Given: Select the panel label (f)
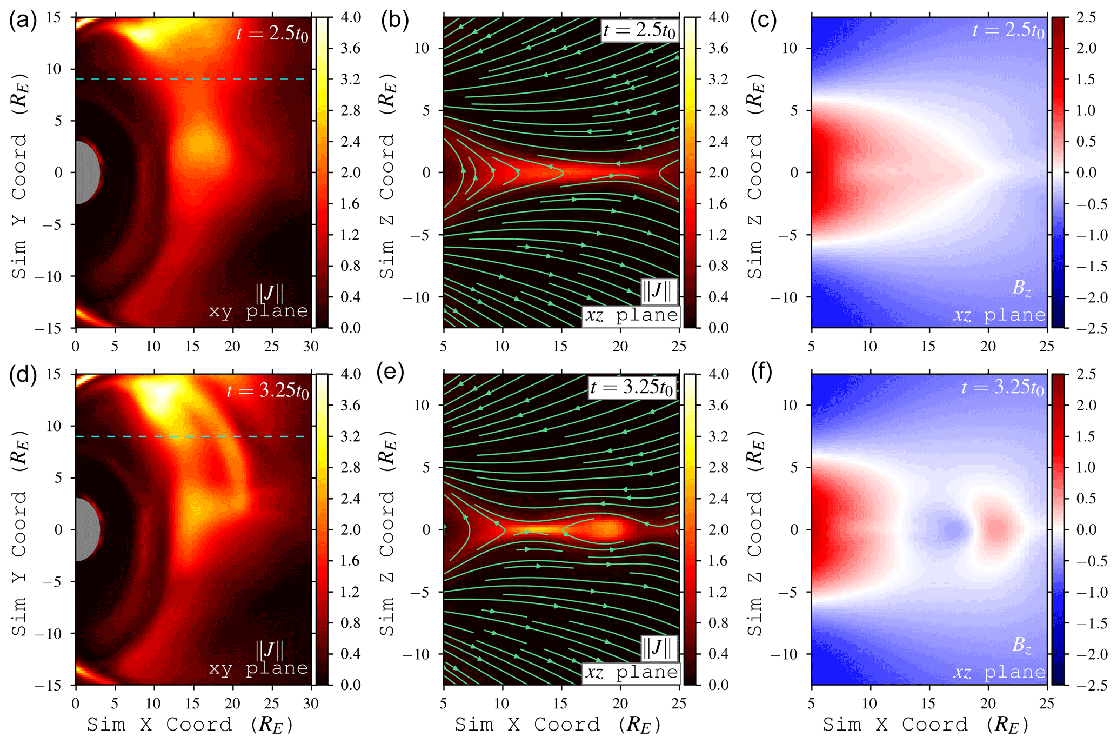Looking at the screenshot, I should click(x=761, y=372).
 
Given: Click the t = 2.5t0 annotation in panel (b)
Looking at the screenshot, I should click(x=640, y=30).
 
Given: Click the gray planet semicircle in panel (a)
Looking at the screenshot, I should click(x=86, y=173).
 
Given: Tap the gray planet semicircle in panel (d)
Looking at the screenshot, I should click(x=86, y=529).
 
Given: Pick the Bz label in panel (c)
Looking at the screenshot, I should click(x=1021, y=288).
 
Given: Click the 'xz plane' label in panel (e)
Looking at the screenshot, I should click(x=631, y=672).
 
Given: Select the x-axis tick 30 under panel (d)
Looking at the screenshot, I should click(x=311, y=704).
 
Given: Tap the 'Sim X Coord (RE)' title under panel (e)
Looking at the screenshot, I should click(x=558, y=725).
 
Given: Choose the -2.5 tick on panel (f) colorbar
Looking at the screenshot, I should click(x=1089, y=685).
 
